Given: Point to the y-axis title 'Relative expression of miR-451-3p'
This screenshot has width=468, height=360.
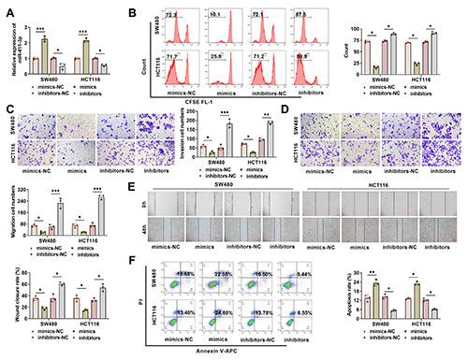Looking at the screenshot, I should (x=13, y=42).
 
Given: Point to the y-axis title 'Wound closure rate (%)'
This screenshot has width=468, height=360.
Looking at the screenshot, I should (x=11, y=299).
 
